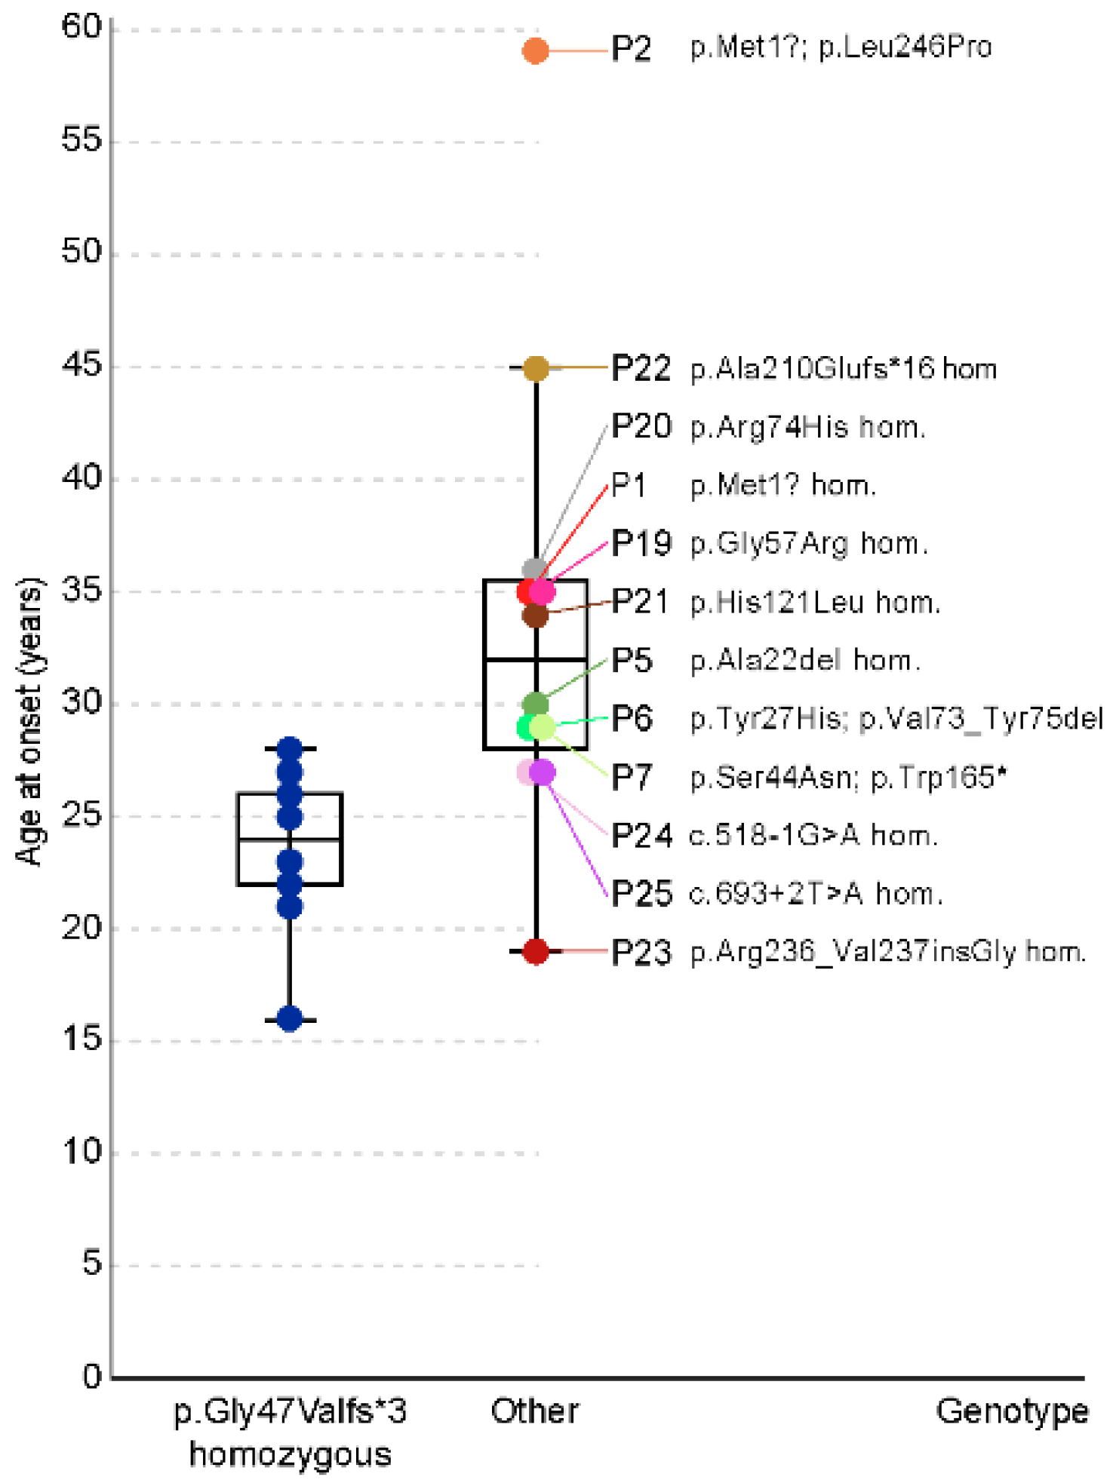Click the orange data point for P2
[535, 51]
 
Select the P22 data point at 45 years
[536, 368]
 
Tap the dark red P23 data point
[536, 951]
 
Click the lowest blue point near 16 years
[290, 1018]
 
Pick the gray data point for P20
[535, 568]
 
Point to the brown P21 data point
[535, 615]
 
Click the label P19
[641, 543]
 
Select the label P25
[641, 894]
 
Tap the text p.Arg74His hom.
[807, 428]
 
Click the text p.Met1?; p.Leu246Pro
[841, 48]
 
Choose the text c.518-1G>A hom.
[813, 836]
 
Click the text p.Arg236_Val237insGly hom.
[888, 952]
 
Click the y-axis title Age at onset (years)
[30, 721]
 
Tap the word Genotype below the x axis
[1012, 1411]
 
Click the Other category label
[535, 1411]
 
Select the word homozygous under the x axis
[291, 1454]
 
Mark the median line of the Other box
[536, 659]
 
